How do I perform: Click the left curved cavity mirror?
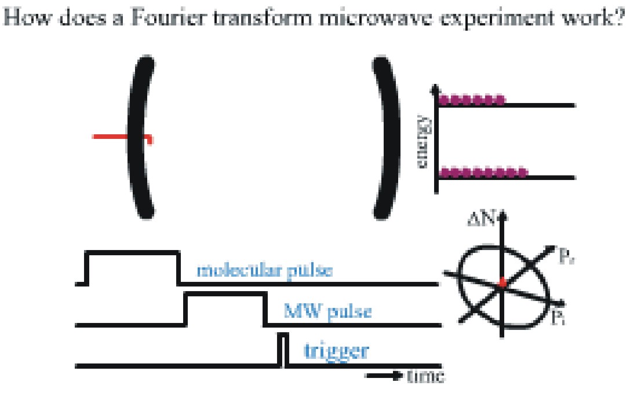point(140,139)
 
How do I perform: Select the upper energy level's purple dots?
point(471,100)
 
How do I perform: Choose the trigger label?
point(336,351)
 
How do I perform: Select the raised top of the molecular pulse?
point(132,253)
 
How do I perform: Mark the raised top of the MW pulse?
point(224,295)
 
